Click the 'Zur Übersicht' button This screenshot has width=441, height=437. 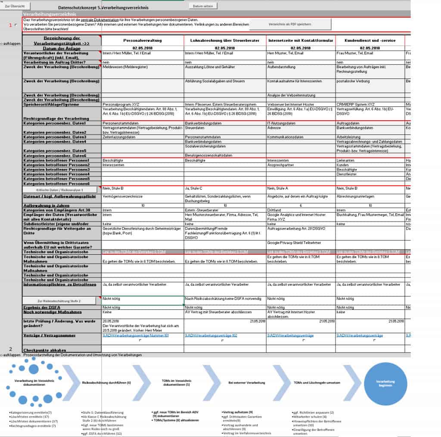[x=15, y=6]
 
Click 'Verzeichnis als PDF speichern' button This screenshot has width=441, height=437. [x=290, y=24]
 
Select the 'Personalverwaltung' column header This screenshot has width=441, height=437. [x=142, y=41]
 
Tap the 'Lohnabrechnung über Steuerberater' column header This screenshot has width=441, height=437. [x=225, y=41]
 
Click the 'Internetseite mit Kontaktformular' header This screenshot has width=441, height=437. [x=301, y=41]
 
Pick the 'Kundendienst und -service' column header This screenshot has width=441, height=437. [x=370, y=41]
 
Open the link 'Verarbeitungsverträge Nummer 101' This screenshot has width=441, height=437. [x=136, y=335]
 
